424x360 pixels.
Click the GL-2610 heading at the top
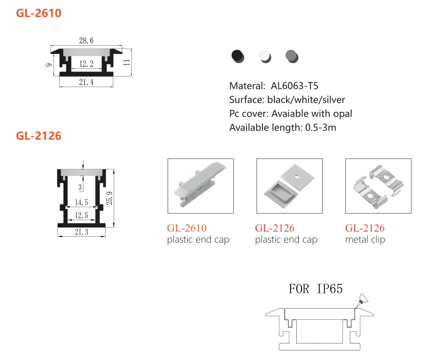[39, 13]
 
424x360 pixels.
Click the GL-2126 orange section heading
[39, 136]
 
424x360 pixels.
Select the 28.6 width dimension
[86, 41]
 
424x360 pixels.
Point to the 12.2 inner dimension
[86, 64]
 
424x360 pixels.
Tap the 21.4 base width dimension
[86, 82]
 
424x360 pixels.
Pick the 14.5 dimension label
[82, 203]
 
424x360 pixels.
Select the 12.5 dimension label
[82, 215]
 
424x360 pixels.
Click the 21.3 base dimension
[82, 232]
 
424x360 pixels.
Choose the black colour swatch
[237, 56]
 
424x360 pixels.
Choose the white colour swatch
[265, 56]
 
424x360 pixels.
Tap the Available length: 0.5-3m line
[283, 128]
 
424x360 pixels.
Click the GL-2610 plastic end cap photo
[201, 186]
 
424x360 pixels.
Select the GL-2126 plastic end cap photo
[289, 186]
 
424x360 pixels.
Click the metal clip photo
[378, 186]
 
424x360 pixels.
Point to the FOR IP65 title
[316, 289]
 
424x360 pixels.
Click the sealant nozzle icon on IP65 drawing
[362, 299]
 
